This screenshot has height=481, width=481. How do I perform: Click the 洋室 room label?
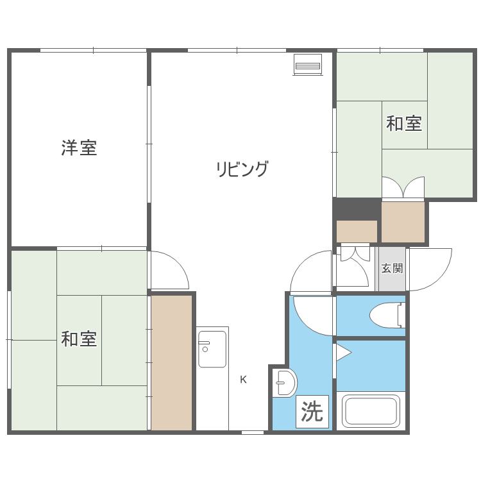(79, 148)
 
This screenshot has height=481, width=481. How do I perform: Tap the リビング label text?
(242, 169)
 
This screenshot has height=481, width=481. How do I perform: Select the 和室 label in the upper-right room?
(404, 123)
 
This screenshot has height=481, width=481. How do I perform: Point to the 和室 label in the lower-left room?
(79, 339)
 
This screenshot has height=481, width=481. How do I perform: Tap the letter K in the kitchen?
(243, 379)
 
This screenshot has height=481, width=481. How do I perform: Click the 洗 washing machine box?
(312, 412)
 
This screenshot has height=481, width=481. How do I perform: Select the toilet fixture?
(387, 315)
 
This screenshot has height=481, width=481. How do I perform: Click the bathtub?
(371, 411)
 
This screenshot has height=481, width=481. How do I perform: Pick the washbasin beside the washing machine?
(283, 384)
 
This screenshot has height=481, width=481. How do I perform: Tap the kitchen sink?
(212, 349)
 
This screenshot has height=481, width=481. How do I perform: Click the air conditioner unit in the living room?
(307, 65)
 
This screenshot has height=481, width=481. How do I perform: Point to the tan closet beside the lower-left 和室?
(172, 362)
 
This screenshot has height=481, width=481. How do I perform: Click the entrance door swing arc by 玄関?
(430, 267)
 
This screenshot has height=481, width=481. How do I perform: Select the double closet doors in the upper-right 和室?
(403, 188)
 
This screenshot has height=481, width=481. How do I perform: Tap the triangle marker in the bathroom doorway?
(343, 351)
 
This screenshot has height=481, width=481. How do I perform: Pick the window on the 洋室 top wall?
(93, 50)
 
